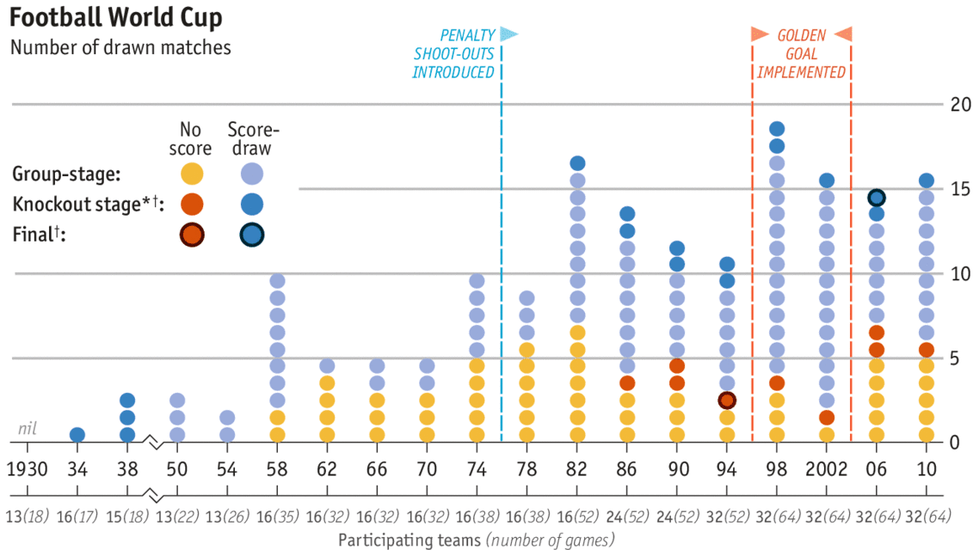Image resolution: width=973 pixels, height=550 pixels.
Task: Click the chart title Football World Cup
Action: click(116, 17)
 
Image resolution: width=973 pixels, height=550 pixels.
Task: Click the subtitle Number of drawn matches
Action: click(120, 48)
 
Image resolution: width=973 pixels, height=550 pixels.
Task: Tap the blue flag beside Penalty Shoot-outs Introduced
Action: click(508, 34)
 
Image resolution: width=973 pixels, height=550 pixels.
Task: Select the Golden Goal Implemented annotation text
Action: click(801, 54)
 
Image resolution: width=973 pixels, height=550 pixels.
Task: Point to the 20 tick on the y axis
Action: click(960, 104)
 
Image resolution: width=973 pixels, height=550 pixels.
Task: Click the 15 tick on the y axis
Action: click(960, 189)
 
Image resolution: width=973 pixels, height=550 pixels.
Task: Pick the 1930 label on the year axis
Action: click(27, 469)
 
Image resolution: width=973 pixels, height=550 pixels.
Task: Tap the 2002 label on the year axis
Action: click(826, 469)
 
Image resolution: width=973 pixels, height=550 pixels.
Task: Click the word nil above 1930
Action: click(27, 429)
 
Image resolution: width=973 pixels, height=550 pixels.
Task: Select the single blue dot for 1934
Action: click(77, 435)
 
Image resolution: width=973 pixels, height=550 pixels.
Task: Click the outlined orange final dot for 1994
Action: click(727, 400)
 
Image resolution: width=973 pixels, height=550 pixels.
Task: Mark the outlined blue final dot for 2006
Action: click(876, 198)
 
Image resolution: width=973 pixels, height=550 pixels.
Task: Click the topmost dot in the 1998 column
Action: click(776, 129)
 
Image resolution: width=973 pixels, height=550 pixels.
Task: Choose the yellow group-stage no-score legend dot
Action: click(192, 174)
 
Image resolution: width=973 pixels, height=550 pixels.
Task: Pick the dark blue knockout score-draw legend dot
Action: click(251, 204)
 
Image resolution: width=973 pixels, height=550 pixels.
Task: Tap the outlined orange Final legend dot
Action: click(192, 235)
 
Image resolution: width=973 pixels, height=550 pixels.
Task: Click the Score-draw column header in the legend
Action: click(253, 139)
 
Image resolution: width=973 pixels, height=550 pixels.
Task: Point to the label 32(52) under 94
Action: click(727, 516)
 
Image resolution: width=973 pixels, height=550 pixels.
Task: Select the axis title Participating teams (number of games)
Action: click(477, 540)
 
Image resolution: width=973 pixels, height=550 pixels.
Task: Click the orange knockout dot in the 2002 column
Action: click(826, 418)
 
